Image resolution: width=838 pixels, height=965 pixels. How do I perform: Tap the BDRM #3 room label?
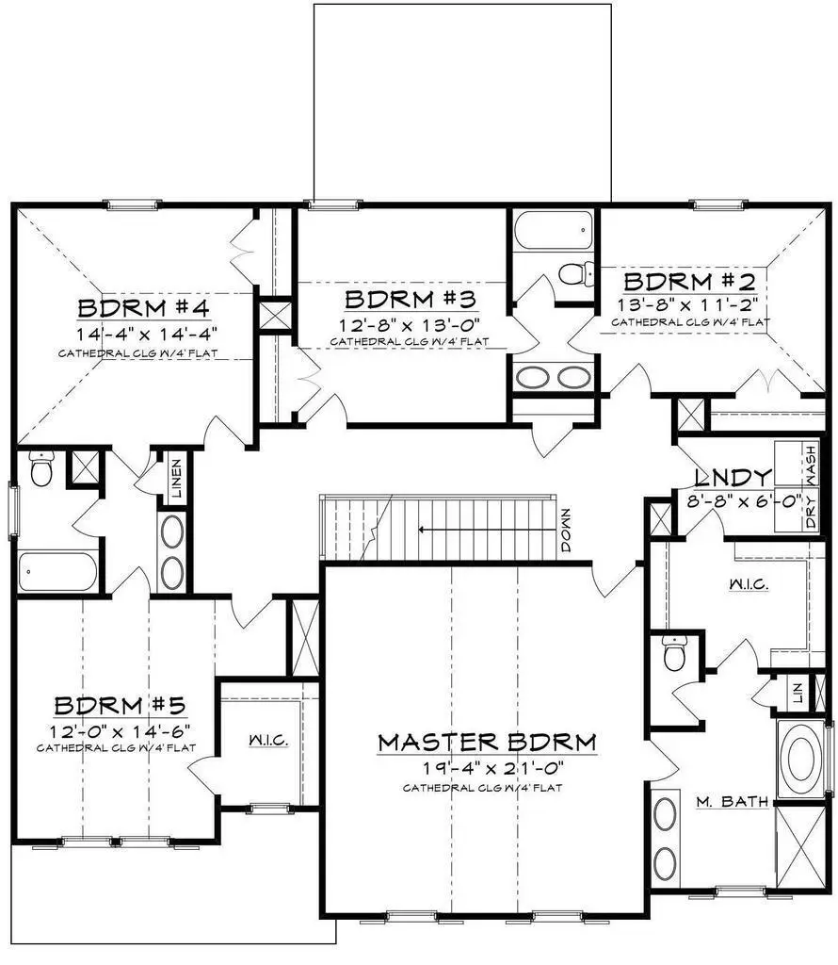tap(411, 301)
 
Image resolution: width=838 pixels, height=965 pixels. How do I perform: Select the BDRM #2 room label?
tap(690, 281)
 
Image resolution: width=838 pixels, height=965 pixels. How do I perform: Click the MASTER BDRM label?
tap(487, 743)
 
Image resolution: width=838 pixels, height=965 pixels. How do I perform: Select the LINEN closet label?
tap(176, 480)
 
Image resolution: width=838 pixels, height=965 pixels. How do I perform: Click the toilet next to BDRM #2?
tap(573, 274)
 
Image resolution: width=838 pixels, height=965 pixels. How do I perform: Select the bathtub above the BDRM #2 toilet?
tap(555, 230)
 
